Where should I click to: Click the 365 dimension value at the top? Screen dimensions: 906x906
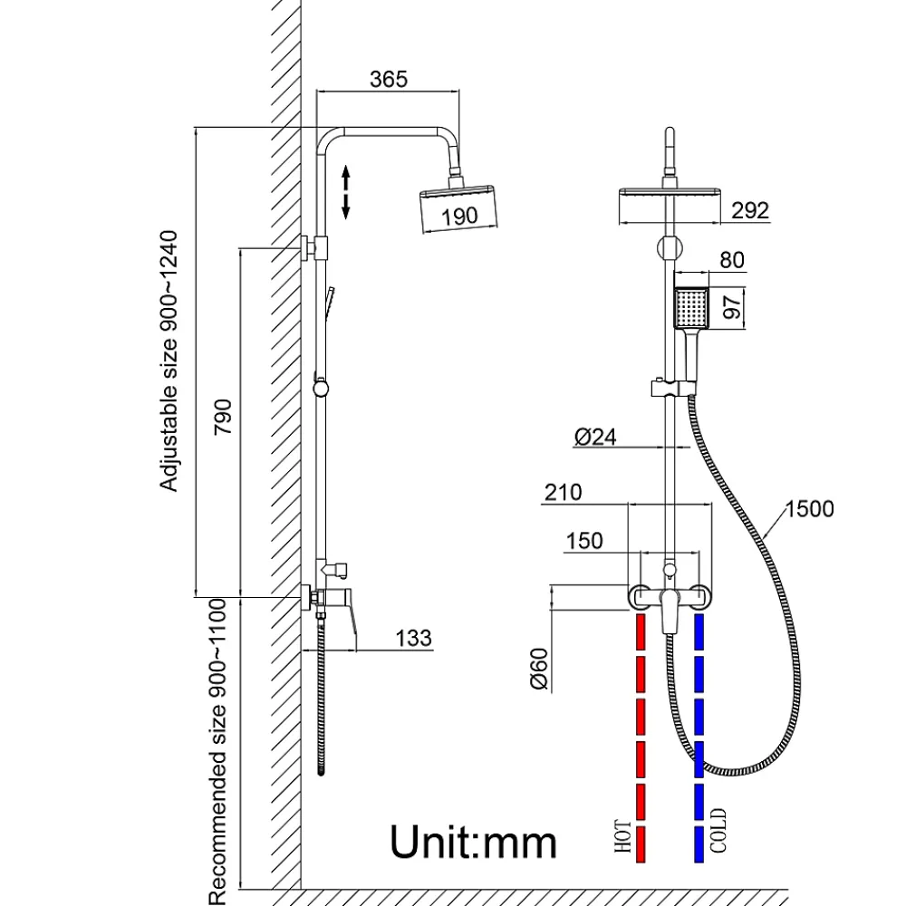[x=389, y=79]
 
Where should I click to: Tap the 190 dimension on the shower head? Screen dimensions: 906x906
[x=460, y=217]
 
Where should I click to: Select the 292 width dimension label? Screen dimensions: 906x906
[x=750, y=210]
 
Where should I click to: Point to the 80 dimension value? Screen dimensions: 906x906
[x=731, y=260]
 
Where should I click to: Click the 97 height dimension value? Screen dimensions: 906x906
[x=732, y=307]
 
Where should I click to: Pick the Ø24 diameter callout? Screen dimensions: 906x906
[x=595, y=437]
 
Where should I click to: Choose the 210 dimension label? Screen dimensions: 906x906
[x=563, y=492]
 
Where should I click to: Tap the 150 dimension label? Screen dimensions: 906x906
[x=584, y=541]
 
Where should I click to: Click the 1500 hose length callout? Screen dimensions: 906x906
[x=810, y=508]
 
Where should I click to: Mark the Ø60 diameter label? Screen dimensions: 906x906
[x=538, y=670]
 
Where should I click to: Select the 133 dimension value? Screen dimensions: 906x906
[x=413, y=638]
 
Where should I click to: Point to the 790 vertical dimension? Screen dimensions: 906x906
[x=223, y=417]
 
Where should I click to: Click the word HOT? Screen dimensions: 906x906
[x=623, y=835]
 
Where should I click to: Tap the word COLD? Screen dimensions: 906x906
[x=718, y=831]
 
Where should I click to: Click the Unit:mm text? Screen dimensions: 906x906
[x=473, y=842]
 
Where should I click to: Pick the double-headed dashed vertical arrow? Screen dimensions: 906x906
[x=345, y=192]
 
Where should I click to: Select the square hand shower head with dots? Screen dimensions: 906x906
[x=691, y=308]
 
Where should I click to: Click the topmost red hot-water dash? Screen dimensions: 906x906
[x=641, y=631]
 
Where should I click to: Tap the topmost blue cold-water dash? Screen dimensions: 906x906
[x=699, y=631]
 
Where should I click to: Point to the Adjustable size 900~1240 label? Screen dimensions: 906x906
[x=169, y=361]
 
